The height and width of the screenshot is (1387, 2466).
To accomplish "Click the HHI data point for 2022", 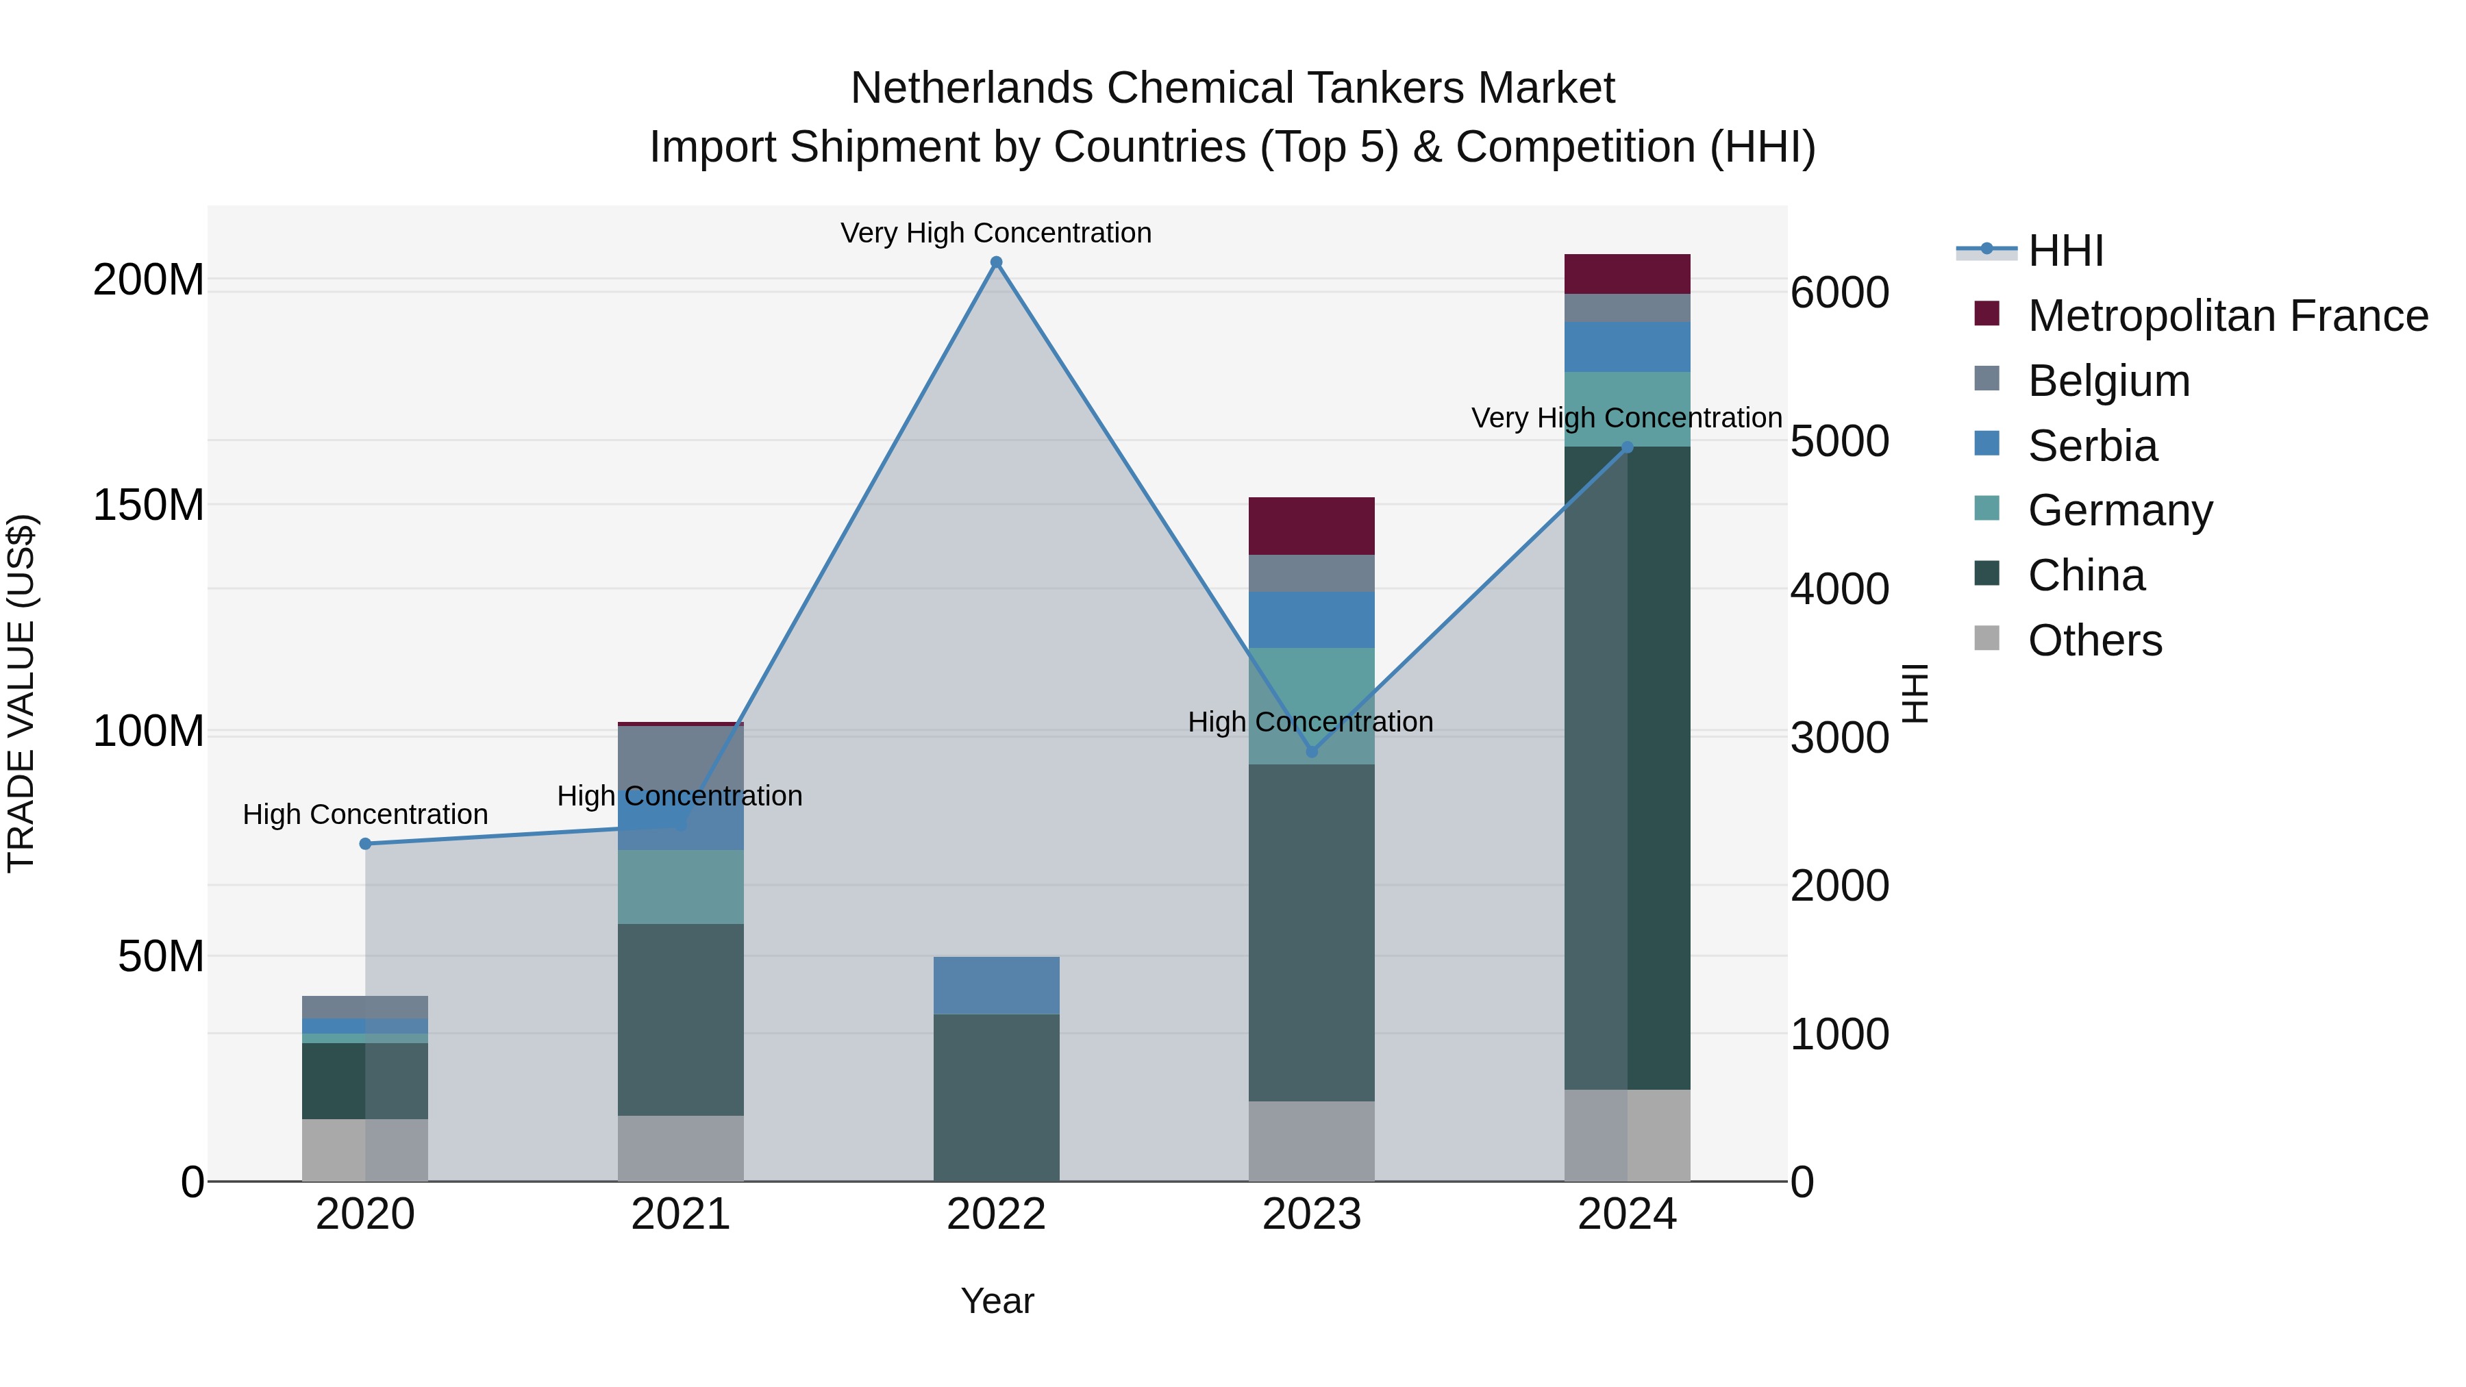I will pyautogui.click(x=995, y=262).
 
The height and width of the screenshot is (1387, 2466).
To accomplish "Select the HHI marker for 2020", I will pyautogui.click(x=364, y=843).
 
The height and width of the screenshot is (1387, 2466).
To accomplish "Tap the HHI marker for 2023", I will pyautogui.click(x=1312, y=751).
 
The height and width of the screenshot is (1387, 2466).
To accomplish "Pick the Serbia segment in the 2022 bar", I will pyautogui.click(x=995, y=985).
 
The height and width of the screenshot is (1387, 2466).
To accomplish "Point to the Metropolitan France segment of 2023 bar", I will pyautogui.click(x=1312, y=525).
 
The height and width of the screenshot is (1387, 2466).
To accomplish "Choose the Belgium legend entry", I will pyautogui.click(x=2108, y=381).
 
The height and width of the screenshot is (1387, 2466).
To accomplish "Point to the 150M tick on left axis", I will pyautogui.click(x=149, y=504).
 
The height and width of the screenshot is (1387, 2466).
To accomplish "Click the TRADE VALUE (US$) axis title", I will pyautogui.click(x=21, y=693).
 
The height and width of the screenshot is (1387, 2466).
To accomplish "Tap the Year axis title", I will pyautogui.click(x=997, y=1301).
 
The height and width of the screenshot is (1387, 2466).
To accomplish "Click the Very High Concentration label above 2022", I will pyautogui.click(x=995, y=233).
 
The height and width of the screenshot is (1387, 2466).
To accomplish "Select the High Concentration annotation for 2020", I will pyautogui.click(x=364, y=814).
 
